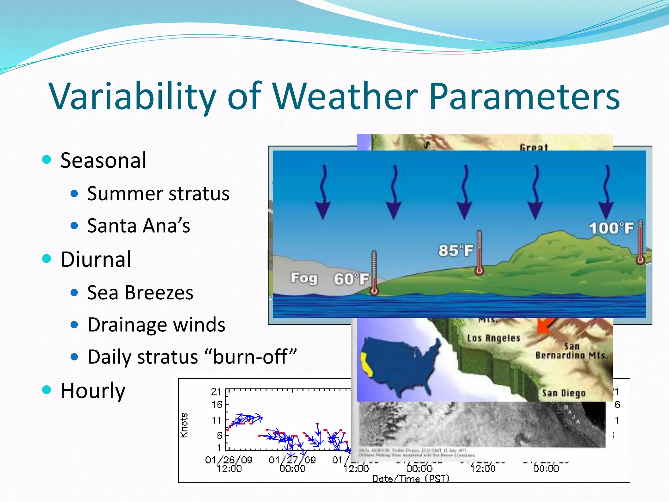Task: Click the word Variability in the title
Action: pyautogui.click(x=132, y=96)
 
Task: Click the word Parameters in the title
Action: pyautogui.click(x=524, y=96)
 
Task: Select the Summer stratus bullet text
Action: pyautogui.click(x=158, y=193)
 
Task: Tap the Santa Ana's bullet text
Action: pyautogui.click(x=139, y=226)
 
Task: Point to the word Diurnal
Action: pyautogui.click(x=96, y=259)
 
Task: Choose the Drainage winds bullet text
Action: pyautogui.click(x=156, y=325)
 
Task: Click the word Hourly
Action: pyautogui.click(x=93, y=391)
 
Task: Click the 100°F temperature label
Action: pyautogui.click(x=611, y=228)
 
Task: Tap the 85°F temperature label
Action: pyautogui.click(x=455, y=251)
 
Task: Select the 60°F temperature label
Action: pyautogui.click(x=351, y=279)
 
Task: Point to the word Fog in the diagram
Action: pyautogui.click(x=304, y=278)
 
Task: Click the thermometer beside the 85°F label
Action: pyautogui.click(x=479, y=252)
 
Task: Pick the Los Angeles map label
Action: pyautogui.click(x=493, y=338)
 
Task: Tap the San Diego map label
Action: pyautogui.click(x=563, y=393)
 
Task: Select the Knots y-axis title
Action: pyautogui.click(x=184, y=425)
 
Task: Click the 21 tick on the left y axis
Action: pyautogui.click(x=216, y=392)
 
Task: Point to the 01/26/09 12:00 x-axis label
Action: pyautogui.click(x=229, y=464)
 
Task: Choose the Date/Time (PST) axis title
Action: pyautogui.click(x=411, y=479)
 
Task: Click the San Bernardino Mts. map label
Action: pyautogui.click(x=571, y=351)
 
